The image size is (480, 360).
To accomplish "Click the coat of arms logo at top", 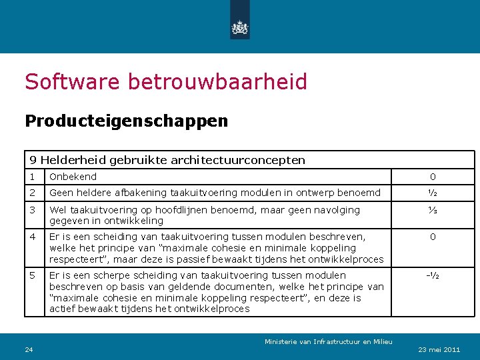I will click(x=239, y=27).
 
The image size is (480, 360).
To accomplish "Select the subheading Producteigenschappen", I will click(x=126, y=121).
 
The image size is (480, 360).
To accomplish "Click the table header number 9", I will click(x=33, y=160).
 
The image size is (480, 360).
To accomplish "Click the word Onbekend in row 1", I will click(x=73, y=177).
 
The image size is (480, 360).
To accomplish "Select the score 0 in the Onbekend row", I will click(x=433, y=177).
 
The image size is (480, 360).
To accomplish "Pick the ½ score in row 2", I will click(x=433, y=193).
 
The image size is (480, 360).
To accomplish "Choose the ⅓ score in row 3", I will click(x=433, y=210).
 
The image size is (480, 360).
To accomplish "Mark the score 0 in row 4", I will click(x=433, y=237).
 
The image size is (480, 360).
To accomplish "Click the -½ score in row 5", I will click(x=433, y=275).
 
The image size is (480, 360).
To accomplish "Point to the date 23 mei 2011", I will click(x=437, y=349).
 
